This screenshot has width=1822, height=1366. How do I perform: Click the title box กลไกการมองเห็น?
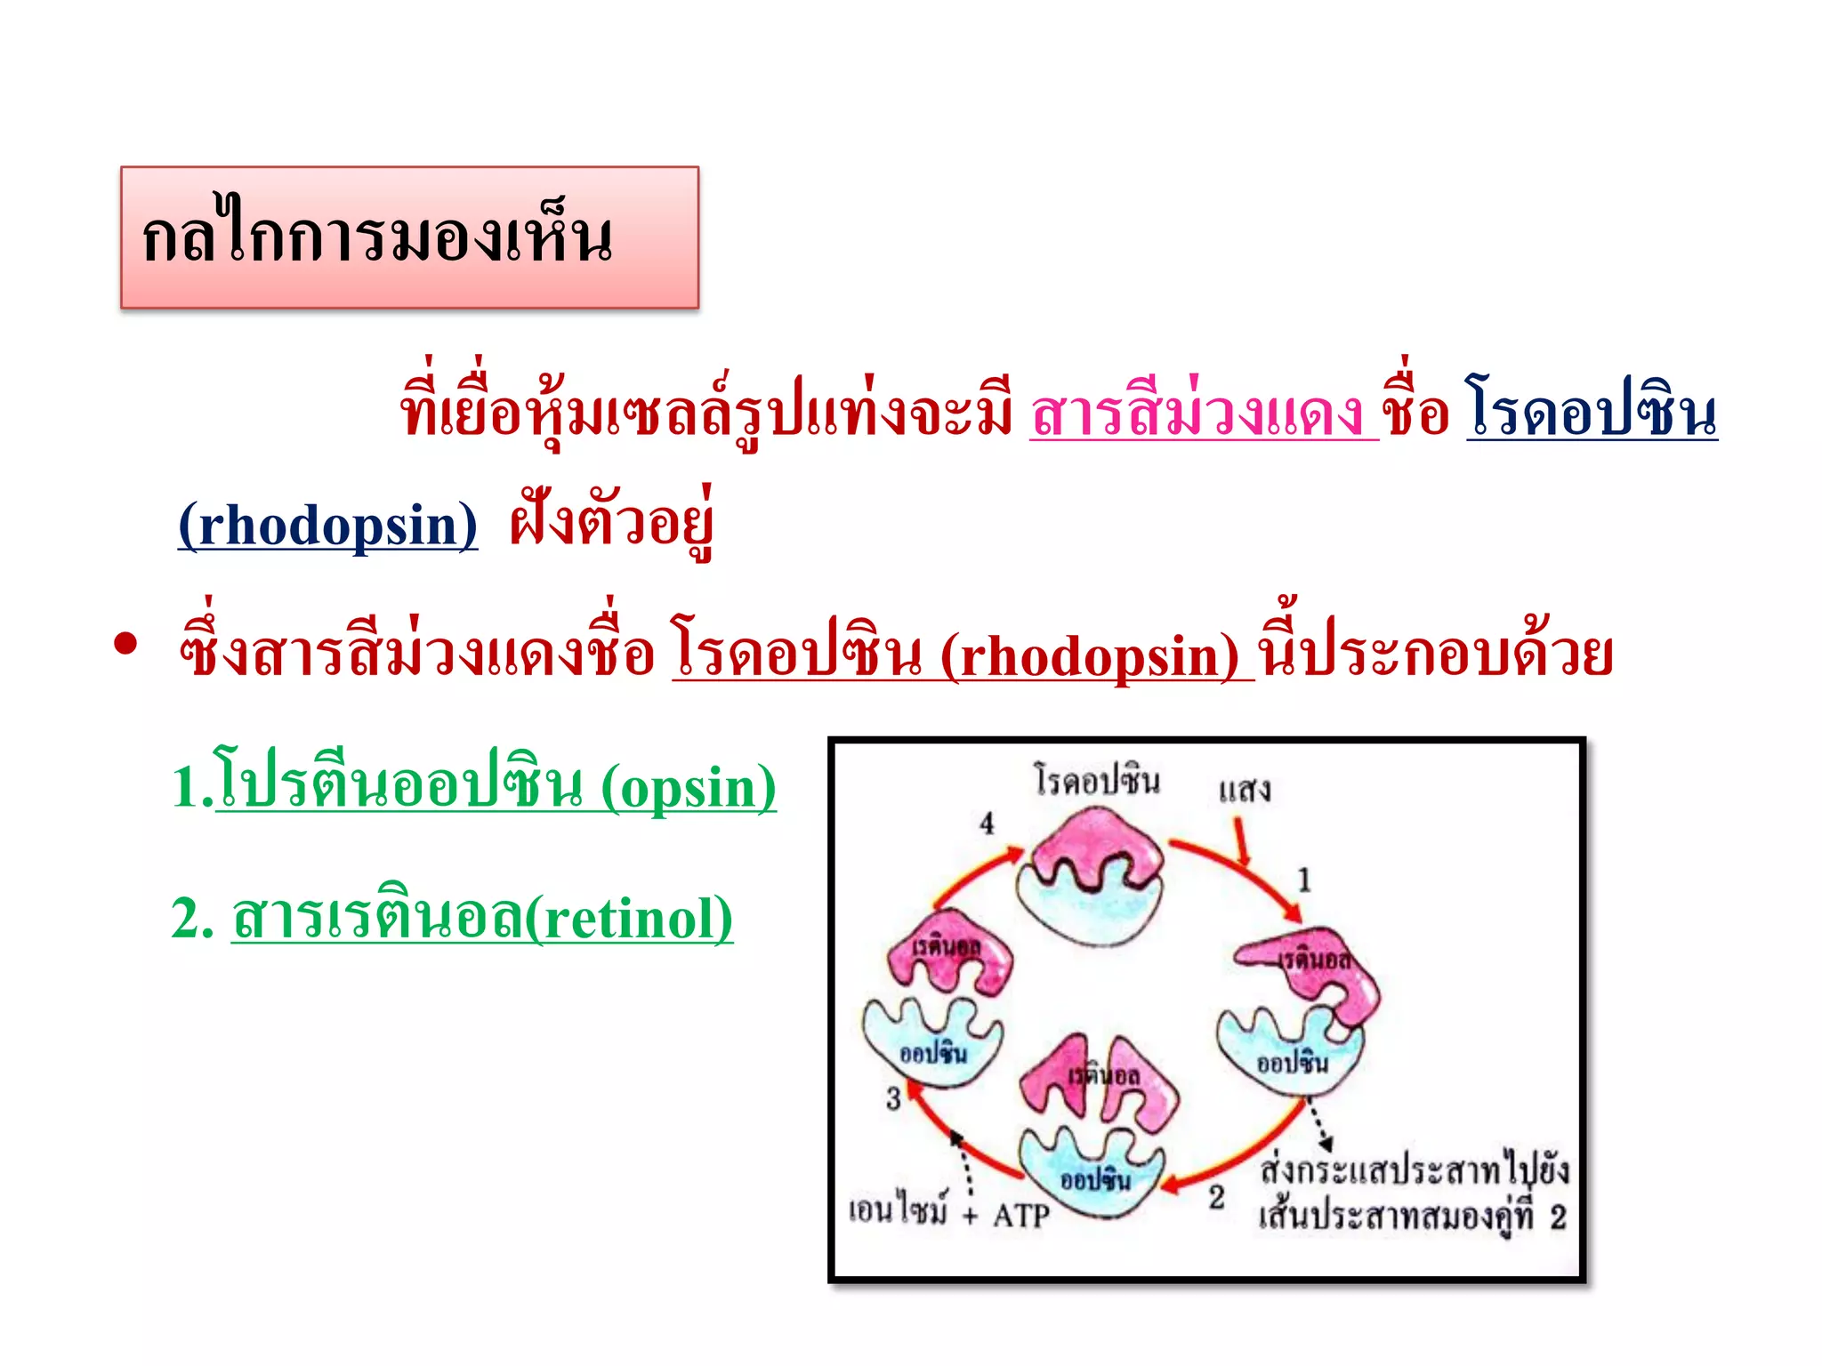(x=409, y=237)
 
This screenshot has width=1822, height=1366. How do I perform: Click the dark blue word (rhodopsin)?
(x=327, y=526)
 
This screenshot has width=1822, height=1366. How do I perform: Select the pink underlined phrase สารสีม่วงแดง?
(x=1201, y=414)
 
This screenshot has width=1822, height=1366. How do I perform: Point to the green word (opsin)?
(x=688, y=788)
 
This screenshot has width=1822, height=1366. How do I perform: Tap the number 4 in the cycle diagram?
(x=987, y=824)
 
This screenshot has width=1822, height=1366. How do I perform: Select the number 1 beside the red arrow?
(x=1304, y=880)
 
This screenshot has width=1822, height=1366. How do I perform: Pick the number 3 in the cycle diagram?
(x=893, y=1099)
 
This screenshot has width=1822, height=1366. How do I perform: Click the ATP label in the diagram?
(x=1021, y=1215)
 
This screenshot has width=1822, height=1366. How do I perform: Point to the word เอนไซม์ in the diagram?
(x=899, y=1209)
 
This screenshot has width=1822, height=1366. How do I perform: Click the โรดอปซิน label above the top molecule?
(x=1097, y=780)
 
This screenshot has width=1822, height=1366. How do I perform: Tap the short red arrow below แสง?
(x=1240, y=841)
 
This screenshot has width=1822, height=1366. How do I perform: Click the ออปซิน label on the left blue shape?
(x=932, y=1054)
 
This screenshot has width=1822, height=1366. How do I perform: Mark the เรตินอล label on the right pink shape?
(x=1314, y=960)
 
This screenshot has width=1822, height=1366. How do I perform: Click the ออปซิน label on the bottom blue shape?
(x=1095, y=1180)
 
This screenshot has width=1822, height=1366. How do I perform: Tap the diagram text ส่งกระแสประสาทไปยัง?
(x=1415, y=1169)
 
